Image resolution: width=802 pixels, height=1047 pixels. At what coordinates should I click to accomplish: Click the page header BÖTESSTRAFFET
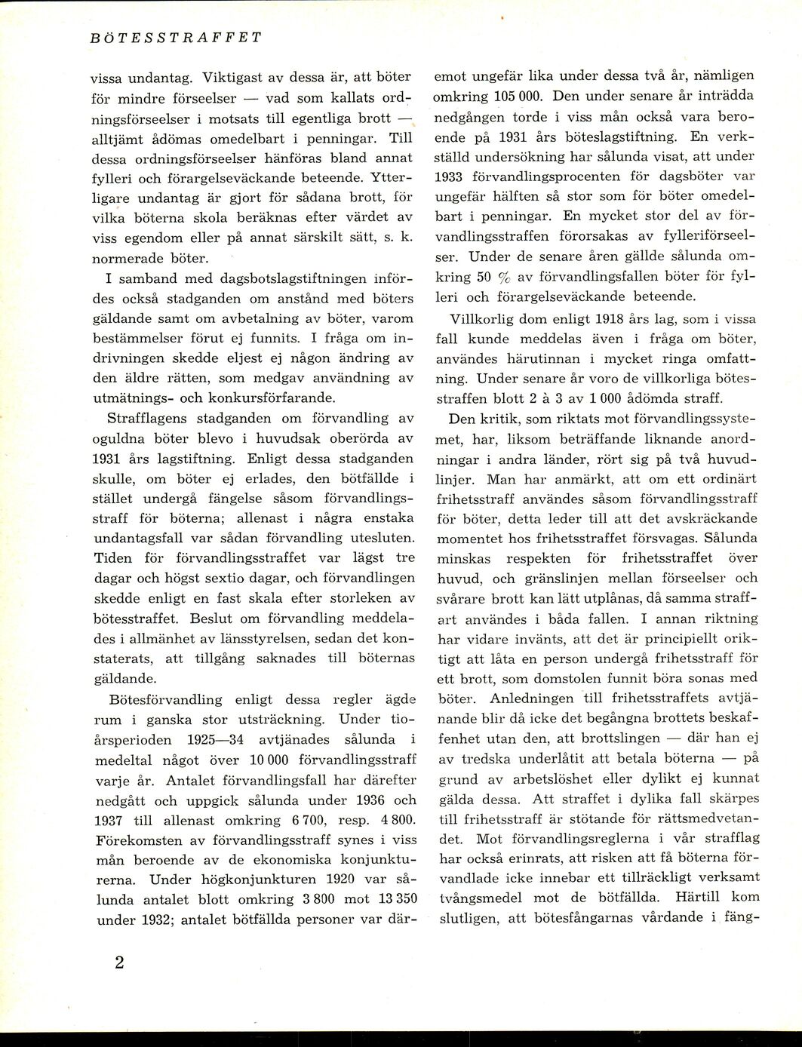(176, 37)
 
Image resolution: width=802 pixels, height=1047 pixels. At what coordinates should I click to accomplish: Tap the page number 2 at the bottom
(119, 963)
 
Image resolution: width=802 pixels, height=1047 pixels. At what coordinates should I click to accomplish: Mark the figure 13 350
(392, 899)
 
